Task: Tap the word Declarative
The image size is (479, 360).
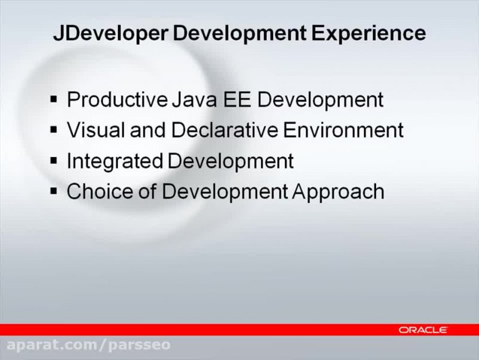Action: tap(197, 129)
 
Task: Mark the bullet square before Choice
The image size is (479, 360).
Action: tap(54, 190)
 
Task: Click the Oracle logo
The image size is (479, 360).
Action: tap(423, 329)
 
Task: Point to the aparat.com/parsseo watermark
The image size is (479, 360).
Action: tap(89, 346)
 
